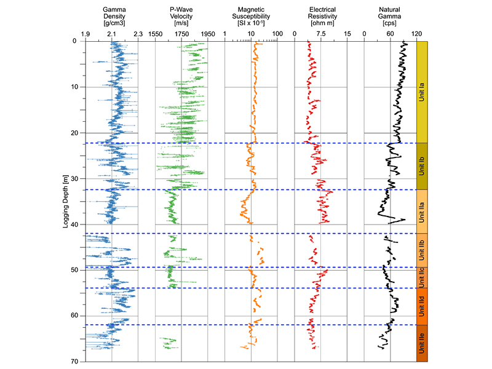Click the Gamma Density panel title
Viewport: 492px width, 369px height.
114,17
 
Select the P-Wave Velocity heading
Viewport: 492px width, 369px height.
181,17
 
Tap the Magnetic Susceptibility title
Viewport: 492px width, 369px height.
251,17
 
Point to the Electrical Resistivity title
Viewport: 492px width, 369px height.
322,17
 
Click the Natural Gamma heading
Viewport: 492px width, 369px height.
389,17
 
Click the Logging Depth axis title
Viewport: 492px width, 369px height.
65,201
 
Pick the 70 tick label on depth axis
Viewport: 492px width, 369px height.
74,362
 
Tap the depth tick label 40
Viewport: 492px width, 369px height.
74,224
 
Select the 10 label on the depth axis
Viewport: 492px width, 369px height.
74,87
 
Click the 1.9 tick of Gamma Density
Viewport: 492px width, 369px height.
85,34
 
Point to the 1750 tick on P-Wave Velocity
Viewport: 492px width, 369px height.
181,34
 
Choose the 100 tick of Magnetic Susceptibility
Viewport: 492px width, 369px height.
277,34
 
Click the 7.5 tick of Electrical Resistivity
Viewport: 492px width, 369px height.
320,34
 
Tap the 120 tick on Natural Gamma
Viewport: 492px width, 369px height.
416,34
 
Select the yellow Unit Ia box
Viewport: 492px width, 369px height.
422,92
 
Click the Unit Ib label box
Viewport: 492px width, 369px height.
422,166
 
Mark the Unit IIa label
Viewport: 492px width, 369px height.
422,212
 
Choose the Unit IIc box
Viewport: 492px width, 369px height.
422,278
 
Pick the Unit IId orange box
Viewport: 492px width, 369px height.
422,306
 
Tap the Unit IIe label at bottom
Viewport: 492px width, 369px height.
422,343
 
